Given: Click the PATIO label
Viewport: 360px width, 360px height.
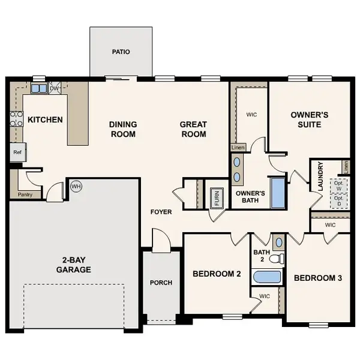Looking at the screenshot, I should point(121,52).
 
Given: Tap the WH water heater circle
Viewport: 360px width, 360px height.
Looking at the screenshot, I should point(76,186).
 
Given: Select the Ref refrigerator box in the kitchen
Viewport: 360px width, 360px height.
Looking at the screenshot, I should point(17,152).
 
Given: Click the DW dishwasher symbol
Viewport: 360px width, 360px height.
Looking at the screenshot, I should point(54,88).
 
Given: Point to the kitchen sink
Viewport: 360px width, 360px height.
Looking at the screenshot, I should point(39,89).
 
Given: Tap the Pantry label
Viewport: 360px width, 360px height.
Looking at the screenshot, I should point(26,194).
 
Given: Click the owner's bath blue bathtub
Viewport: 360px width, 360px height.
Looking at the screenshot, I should point(278,192).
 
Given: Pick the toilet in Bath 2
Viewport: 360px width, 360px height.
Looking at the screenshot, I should point(276,259).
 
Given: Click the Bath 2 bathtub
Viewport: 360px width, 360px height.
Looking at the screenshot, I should point(267,277).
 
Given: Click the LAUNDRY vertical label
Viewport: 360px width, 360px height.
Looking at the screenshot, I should point(321,176).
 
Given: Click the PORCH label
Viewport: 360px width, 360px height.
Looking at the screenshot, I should point(161,283).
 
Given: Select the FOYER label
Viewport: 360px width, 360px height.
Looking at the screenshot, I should point(161,212).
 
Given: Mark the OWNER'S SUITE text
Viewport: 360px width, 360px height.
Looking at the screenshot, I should point(306,119).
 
